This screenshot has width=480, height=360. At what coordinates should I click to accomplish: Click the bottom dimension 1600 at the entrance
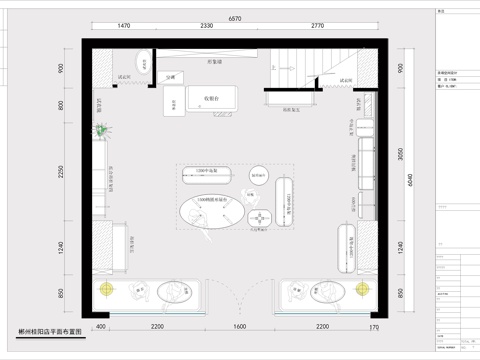click(x=239, y=327)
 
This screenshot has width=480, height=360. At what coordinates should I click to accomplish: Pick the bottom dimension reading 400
click(x=100, y=327)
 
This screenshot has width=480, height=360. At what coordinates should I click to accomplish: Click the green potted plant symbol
click(x=102, y=129)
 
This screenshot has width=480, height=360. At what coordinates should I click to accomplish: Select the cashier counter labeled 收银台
click(x=212, y=98)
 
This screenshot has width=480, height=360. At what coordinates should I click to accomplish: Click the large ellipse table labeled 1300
click(x=211, y=212)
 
